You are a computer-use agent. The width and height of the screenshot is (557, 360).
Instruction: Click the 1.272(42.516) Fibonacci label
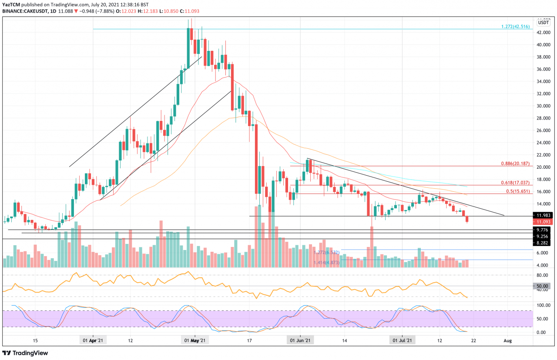pos(516,27)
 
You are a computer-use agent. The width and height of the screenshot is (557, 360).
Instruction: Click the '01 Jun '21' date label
pos(300,341)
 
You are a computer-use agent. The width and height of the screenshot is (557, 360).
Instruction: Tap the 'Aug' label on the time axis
pos(507,341)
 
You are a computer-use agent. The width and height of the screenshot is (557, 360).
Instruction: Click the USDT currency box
pos(544,22)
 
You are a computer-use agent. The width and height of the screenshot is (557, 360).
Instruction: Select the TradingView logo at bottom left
pos(26,353)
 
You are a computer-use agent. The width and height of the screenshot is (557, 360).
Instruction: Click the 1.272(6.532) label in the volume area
pos(327,252)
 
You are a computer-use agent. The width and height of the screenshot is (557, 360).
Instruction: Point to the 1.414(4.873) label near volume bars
pos(327,263)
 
